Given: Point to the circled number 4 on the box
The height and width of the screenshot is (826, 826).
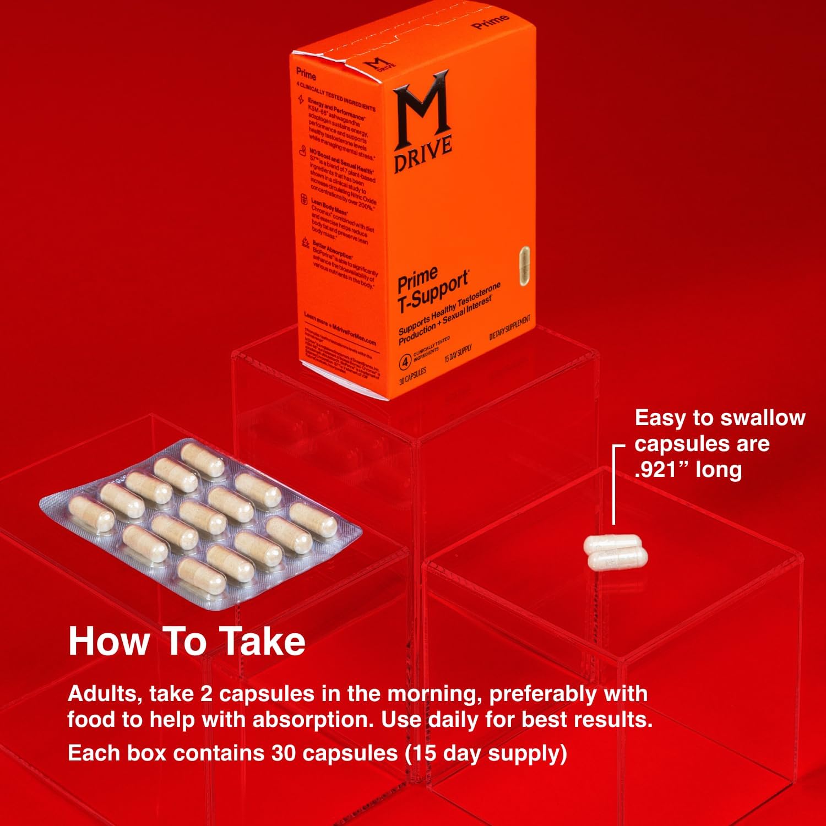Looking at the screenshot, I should [405, 362].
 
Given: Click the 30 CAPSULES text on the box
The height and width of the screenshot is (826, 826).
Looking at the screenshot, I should [412, 377].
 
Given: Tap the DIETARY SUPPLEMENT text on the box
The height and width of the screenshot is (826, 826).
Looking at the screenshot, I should [509, 328].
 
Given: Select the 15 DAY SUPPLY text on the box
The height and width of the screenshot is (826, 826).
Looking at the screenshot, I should [458, 353].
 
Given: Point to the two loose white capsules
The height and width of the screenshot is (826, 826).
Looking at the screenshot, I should [616, 552].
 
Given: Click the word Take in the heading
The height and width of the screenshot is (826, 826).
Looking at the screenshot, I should [263, 642].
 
